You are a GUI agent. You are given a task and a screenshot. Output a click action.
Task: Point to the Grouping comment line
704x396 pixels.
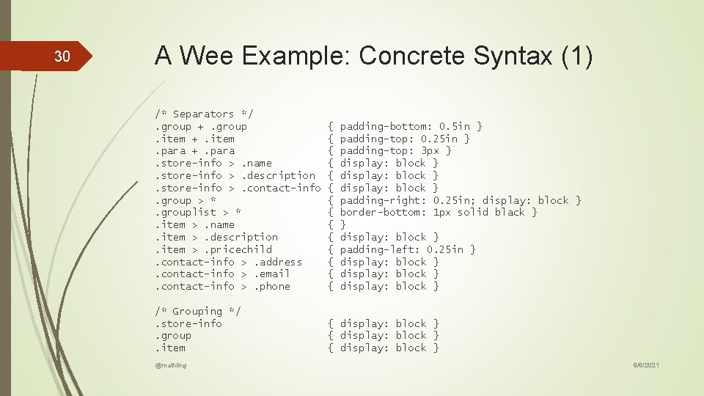pyautogui.click(x=198, y=311)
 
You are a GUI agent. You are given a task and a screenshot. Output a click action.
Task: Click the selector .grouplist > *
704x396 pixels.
pyautogui.click(x=198, y=212)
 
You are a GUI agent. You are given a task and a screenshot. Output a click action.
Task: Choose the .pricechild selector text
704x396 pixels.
pyautogui.click(x=241, y=249)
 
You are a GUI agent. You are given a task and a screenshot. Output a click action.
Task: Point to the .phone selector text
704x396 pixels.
pyautogui.click(x=272, y=286)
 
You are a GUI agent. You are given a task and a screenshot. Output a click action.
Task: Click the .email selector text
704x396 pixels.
pyautogui.click(x=272, y=274)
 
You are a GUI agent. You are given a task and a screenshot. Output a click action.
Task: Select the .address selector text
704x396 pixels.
pyautogui.click(x=278, y=262)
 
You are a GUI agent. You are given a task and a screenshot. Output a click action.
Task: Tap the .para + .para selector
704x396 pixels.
pyautogui.click(x=195, y=150)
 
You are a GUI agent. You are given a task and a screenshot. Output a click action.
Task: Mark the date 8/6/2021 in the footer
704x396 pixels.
pyautogui.click(x=645, y=364)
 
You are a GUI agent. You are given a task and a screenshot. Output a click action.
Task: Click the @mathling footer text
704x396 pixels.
pyautogui.click(x=171, y=364)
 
